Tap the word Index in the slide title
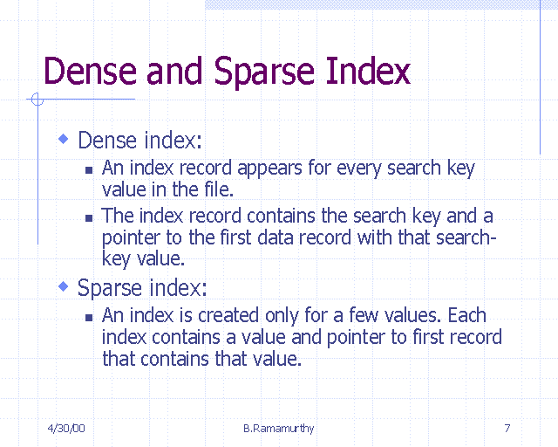click(367, 72)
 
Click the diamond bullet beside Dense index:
click(63, 139)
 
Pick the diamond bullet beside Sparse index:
click(63, 285)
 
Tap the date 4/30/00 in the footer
click(66, 428)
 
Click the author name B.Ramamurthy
click(279, 428)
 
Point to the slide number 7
click(507, 428)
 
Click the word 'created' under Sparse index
click(226, 315)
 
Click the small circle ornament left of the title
click(37, 100)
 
